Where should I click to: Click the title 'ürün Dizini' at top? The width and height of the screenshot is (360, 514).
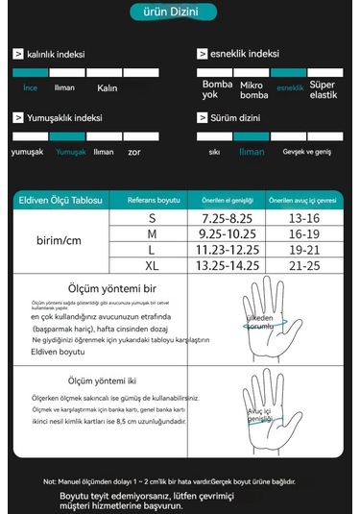[x=180, y=12]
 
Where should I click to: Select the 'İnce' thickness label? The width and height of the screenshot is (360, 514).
[x=30, y=87]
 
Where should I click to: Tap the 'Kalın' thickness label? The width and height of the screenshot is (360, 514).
[x=107, y=88]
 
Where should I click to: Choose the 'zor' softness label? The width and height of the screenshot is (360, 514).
[x=134, y=152]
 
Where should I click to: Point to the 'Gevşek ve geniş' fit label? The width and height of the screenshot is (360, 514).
[x=306, y=152]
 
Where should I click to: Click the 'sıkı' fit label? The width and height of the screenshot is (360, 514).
[x=214, y=152]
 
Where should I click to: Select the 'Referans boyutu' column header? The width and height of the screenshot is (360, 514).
[x=154, y=200]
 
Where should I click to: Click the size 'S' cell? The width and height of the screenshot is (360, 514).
[x=152, y=220]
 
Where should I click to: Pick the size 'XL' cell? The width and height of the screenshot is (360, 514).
[x=152, y=265]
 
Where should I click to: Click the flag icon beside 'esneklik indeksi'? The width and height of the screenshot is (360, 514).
[x=203, y=55]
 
